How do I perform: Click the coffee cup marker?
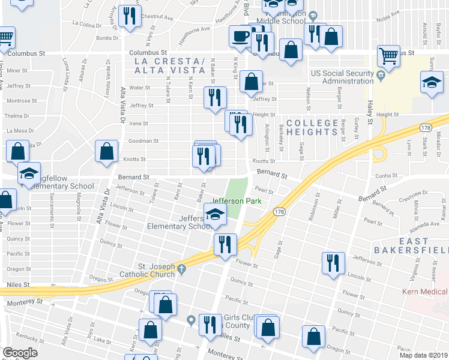(240, 36)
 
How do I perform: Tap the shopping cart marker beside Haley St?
(389, 56)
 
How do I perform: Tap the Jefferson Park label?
(237, 201)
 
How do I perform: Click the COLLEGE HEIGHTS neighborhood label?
(312, 127)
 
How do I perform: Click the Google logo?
(20, 353)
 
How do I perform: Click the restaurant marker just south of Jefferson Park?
(225, 244)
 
